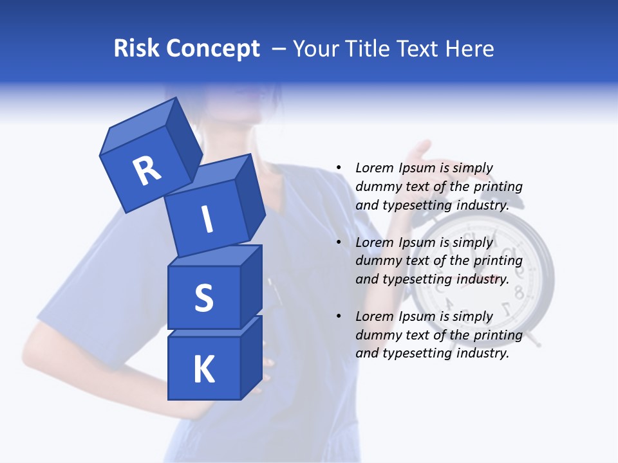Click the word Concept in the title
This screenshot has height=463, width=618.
(x=213, y=49)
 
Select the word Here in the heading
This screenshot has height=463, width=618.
(x=469, y=49)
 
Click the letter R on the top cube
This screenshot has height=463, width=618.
(x=147, y=170)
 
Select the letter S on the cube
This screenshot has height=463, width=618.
(x=203, y=298)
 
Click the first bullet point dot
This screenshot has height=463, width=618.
(x=339, y=168)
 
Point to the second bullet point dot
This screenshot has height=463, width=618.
(x=339, y=242)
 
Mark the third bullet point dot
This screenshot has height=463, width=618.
(x=339, y=316)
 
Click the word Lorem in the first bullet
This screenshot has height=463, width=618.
(x=375, y=168)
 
